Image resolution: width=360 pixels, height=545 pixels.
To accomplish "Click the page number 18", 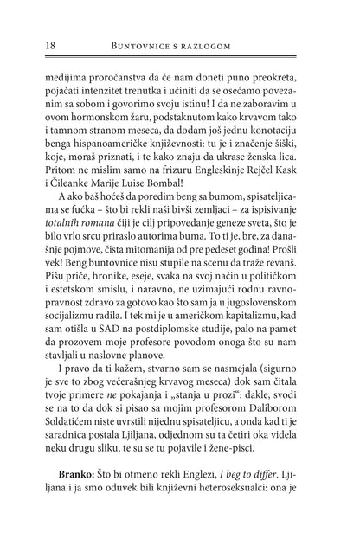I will [x=36, y=42].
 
